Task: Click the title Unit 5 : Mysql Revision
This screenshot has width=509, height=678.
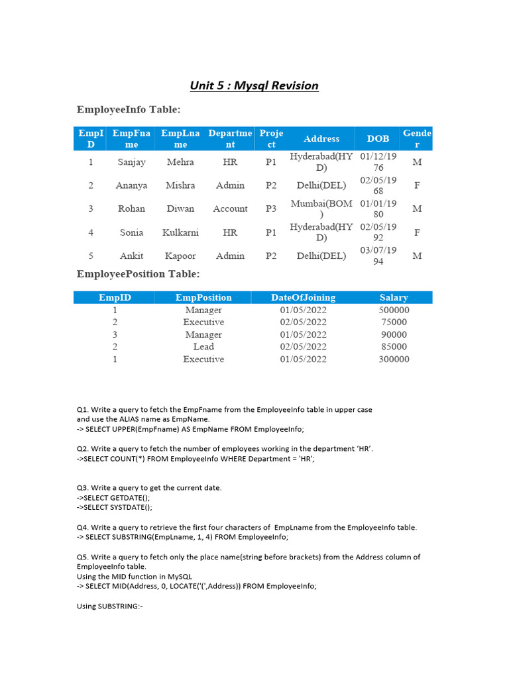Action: [x=254, y=85]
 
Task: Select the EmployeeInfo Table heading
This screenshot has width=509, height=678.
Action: [x=129, y=109]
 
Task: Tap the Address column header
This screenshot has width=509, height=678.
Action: [x=321, y=138]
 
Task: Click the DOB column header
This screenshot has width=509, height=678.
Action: [x=378, y=138]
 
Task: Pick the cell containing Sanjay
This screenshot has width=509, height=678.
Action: [x=131, y=162]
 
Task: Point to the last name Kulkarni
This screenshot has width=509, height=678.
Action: [x=180, y=232]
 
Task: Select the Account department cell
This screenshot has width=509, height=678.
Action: [x=230, y=209]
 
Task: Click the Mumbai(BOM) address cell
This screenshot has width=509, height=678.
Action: [x=321, y=209]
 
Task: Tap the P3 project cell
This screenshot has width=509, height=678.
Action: [x=271, y=209]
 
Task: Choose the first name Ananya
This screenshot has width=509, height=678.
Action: [x=131, y=185]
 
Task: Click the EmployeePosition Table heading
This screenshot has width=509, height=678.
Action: [x=138, y=273]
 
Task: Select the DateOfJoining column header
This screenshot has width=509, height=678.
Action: [x=303, y=297]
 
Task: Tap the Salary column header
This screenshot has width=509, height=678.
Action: [x=394, y=297]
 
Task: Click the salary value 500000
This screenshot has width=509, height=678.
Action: [x=394, y=310]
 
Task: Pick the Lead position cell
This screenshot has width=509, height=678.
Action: [x=203, y=346]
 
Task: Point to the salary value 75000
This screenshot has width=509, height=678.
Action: [x=394, y=322]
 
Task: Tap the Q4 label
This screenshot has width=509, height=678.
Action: [x=83, y=527]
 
